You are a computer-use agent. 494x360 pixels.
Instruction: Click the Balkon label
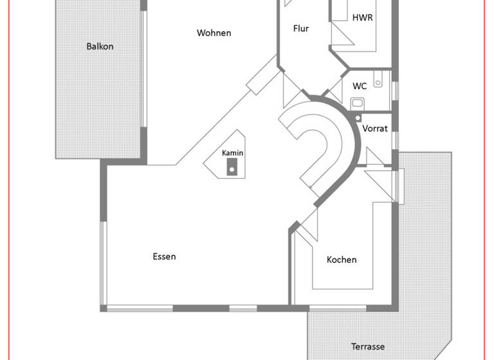coord(100,46)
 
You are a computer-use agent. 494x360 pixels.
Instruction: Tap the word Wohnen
coord(214,33)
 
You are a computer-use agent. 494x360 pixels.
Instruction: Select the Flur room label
coord(301,28)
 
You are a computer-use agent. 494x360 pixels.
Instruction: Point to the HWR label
coord(362,17)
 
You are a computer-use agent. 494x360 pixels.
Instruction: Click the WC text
coord(360,85)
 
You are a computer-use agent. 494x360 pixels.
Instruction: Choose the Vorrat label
coord(374,129)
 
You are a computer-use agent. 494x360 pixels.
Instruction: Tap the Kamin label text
coord(232,153)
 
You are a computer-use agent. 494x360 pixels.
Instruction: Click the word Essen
coord(164,256)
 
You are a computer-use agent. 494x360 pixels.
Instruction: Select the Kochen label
coord(342,260)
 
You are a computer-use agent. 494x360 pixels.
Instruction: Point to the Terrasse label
coord(368,346)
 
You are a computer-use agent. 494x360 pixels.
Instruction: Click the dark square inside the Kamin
coord(231,170)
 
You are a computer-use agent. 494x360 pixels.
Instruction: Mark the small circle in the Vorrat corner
coord(358,118)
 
